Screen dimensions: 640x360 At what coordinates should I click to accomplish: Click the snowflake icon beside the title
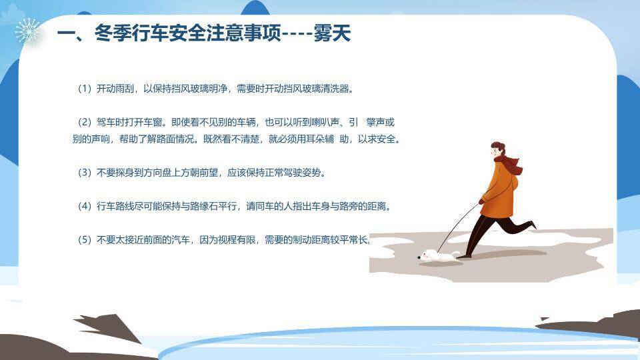27,31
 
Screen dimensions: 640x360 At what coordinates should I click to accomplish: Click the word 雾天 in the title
332,33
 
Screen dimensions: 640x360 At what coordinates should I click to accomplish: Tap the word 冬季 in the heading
113,33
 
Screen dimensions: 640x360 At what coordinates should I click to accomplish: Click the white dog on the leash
437,256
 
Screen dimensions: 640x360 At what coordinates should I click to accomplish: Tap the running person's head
497,150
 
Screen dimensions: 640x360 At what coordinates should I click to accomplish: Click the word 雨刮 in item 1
124,89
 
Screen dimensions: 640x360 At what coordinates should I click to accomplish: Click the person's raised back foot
531,225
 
